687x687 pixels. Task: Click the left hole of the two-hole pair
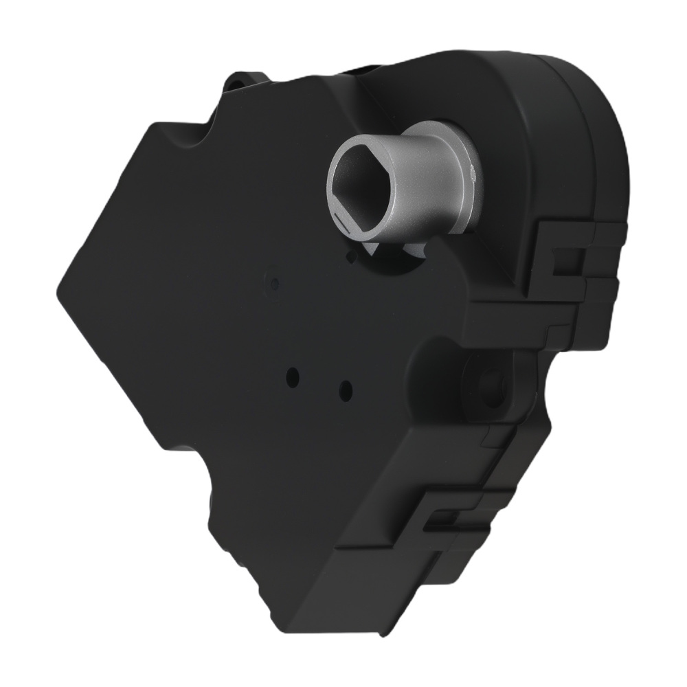click(294, 376)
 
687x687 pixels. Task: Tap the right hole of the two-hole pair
click(346, 391)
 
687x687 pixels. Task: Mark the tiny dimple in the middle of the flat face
click(275, 282)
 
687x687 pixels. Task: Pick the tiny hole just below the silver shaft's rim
click(352, 256)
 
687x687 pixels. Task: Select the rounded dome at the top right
click(584, 103)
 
